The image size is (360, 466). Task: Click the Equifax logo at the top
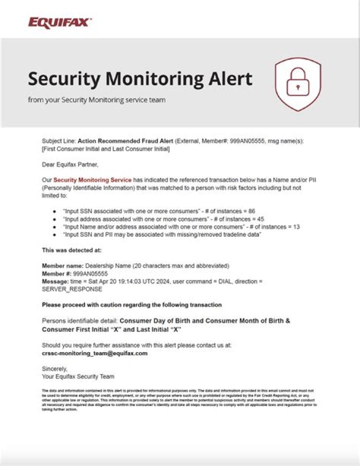click(59, 22)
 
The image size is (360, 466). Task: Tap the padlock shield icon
click(298, 84)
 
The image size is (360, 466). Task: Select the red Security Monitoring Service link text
click(92, 179)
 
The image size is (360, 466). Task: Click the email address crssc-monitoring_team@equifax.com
click(94, 353)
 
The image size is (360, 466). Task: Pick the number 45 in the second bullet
click(260, 219)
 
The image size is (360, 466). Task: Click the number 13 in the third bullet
click(296, 226)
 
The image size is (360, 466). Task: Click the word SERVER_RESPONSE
click(72, 289)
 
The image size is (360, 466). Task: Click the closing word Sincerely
click(54, 369)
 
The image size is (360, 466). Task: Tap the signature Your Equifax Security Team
click(78, 376)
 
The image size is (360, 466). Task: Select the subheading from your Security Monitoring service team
click(96, 100)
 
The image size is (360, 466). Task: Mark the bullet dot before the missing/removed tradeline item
click(54, 234)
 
